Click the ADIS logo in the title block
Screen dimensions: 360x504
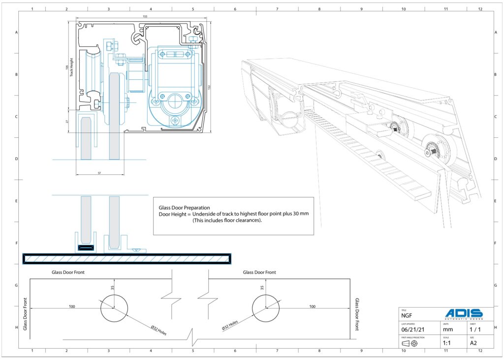point(464,314)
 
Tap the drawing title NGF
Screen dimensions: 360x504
point(407,315)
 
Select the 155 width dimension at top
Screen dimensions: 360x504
point(145,17)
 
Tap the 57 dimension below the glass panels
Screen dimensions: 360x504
point(99,173)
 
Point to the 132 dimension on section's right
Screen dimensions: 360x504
point(209,88)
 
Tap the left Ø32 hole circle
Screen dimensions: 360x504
point(114,309)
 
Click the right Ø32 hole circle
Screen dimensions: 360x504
point(265,309)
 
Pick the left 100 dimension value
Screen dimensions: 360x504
point(72,306)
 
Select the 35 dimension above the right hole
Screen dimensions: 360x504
point(262,288)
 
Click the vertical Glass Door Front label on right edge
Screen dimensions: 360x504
point(357,314)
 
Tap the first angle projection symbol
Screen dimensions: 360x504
point(409,343)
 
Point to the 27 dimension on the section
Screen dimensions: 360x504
point(67,121)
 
